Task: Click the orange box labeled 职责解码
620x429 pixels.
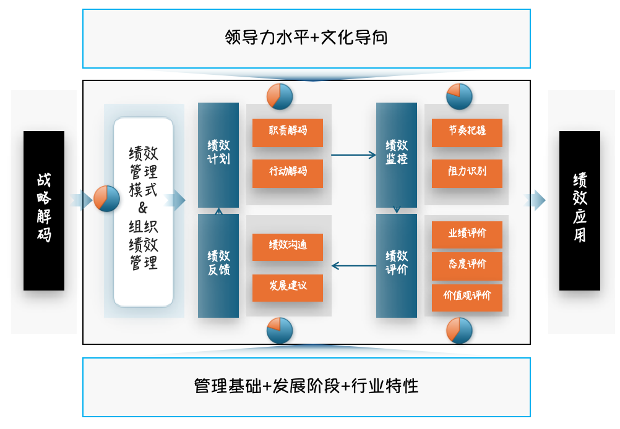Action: (x=287, y=132)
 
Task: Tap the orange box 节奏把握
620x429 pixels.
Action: (x=467, y=132)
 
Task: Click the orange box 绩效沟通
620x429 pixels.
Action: (x=287, y=247)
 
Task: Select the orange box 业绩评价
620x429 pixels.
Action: (x=467, y=234)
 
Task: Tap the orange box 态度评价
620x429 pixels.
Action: (x=467, y=265)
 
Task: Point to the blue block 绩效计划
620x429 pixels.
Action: (x=218, y=155)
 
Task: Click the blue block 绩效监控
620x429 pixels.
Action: (x=397, y=155)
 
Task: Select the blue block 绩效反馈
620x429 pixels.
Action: (x=218, y=265)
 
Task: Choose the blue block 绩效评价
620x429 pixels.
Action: (x=397, y=265)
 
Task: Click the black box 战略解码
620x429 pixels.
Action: (x=44, y=210)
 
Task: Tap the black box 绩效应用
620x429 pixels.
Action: (x=580, y=210)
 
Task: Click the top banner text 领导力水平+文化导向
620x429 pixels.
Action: (x=306, y=38)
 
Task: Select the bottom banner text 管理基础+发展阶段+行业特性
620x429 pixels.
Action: (x=306, y=387)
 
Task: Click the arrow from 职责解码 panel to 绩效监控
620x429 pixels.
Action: (x=353, y=155)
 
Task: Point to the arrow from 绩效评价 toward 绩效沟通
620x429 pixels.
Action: (x=353, y=266)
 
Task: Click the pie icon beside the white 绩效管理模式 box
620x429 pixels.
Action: (x=106, y=199)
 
